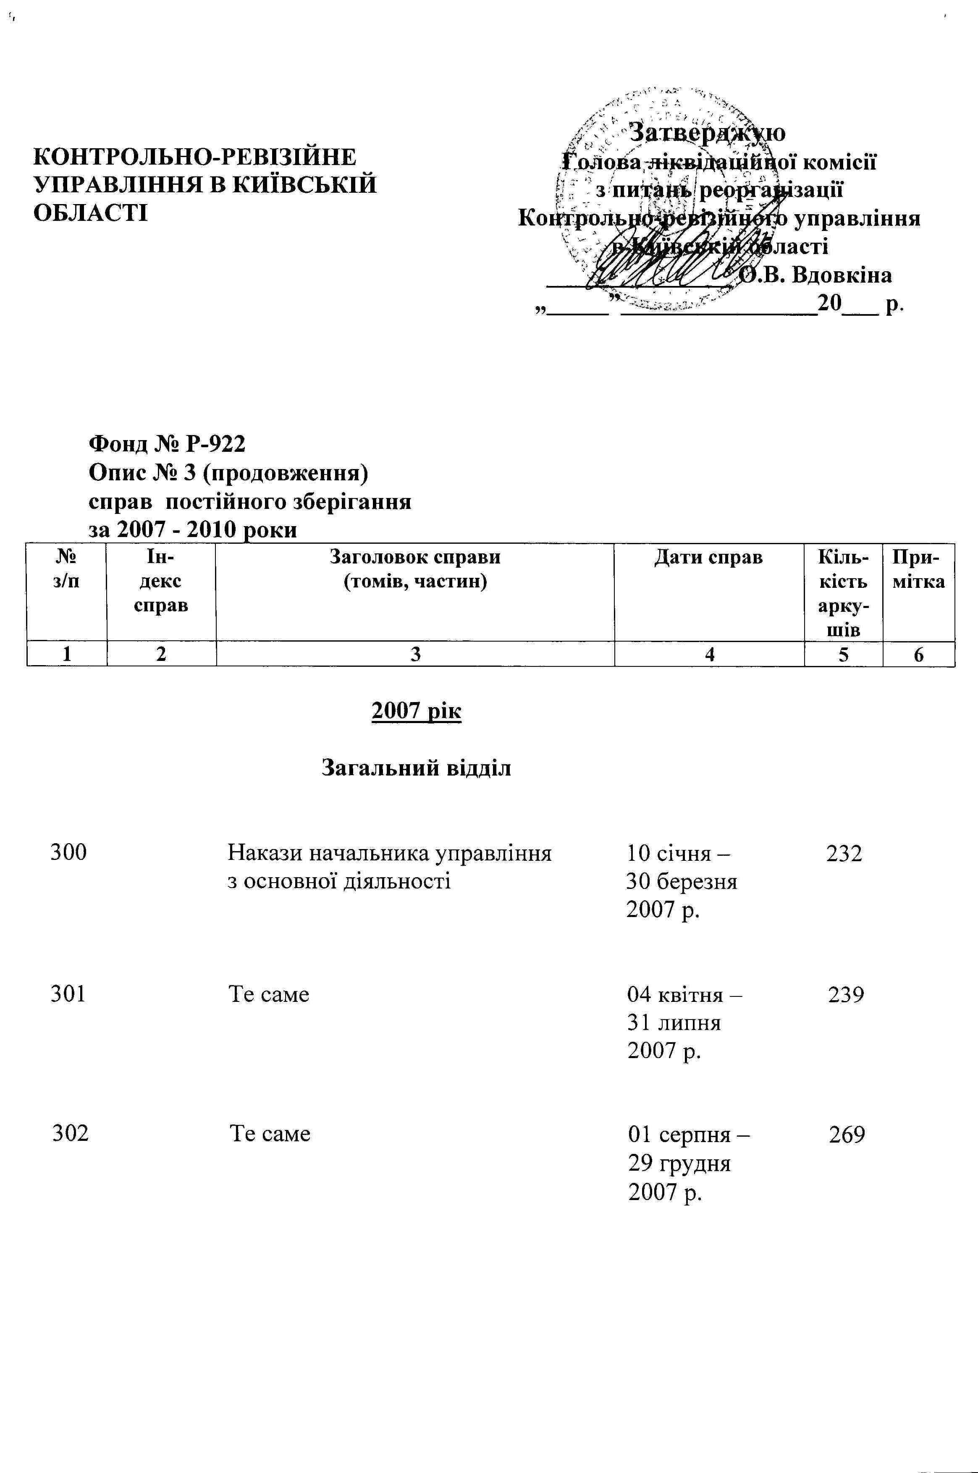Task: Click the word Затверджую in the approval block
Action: tap(707, 132)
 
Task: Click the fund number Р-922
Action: tap(215, 443)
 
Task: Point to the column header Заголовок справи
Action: tap(415, 556)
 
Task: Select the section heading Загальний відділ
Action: tap(416, 768)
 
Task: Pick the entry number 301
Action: tap(68, 994)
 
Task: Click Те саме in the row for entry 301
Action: tap(269, 994)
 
